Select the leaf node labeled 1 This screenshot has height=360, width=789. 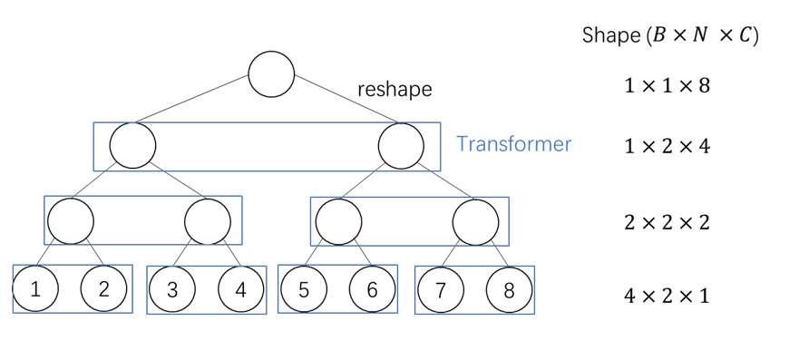pyautogui.click(x=35, y=290)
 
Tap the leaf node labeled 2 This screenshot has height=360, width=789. pyautogui.click(x=103, y=290)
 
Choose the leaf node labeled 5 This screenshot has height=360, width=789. pyautogui.click(x=304, y=290)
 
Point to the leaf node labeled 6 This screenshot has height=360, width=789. pyautogui.click(x=372, y=290)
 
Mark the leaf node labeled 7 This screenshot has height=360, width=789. pyautogui.click(x=441, y=290)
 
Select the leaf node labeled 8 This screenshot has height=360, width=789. pyautogui.click(x=509, y=290)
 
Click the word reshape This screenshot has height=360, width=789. pyautogui.click(x=394, y=90)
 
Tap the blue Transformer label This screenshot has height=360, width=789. pyautogui.click(x=513, y=144)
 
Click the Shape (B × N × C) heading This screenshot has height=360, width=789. pyautogui.click(x=669, y=36)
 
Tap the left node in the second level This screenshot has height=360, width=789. pyautogui.click(x=132, y=144)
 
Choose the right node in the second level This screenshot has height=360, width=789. pyautogui.click(x=402, y=144)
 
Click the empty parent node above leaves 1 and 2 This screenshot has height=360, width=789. pyautogui.click(x=70, y=219)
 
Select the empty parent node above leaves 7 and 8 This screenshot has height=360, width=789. pyautogui.click(x=475, y=219)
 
